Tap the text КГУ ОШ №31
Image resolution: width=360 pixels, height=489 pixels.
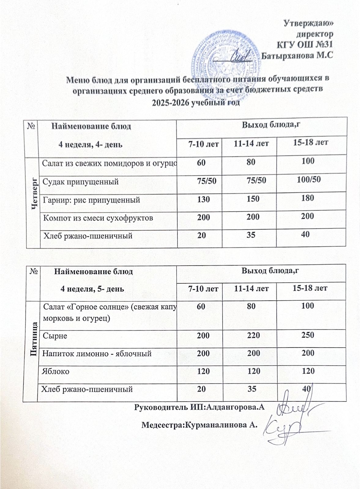tap(304, 45)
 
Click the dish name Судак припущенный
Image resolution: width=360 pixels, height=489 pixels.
tap(80, 182)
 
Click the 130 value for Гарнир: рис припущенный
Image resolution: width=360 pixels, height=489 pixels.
tap(203, 199)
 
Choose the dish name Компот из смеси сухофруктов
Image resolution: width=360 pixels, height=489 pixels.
tap(98, 218)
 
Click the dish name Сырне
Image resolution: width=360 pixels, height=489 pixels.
tap(55, 336)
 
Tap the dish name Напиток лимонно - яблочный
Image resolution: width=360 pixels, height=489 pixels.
tap(97, 354)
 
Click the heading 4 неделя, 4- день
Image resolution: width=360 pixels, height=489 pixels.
tap(91, 144)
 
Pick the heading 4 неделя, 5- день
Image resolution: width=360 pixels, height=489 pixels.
tap(92, 289)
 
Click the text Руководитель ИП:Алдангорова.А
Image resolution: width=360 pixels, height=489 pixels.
tap(199, 407)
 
